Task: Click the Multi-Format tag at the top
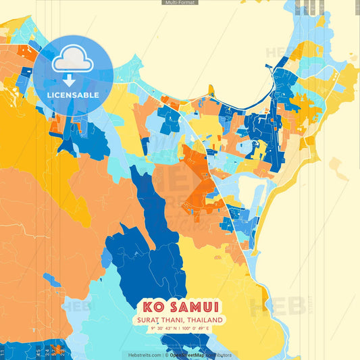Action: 180,3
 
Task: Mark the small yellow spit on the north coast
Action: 211,89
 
